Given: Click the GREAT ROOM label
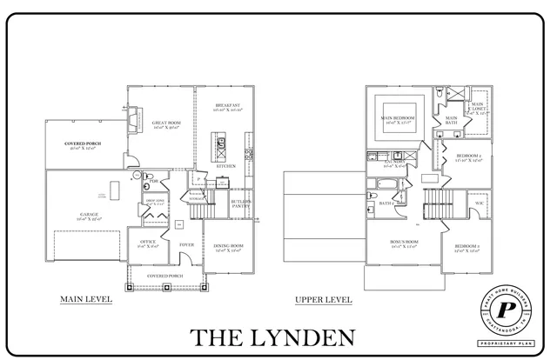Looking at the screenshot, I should pos(161,123).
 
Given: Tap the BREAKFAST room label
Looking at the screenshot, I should pos(227,105).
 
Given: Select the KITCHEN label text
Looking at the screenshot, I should pos(226,164).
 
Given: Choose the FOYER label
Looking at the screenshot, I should pos(186,245).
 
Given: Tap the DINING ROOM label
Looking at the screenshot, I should pos(227,246).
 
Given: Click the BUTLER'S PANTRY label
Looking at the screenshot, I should pos(241,203).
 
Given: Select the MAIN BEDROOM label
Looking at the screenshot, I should pos(397,117).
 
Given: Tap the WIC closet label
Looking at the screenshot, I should pos(479,203).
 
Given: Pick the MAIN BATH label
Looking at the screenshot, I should pos(452,120).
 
